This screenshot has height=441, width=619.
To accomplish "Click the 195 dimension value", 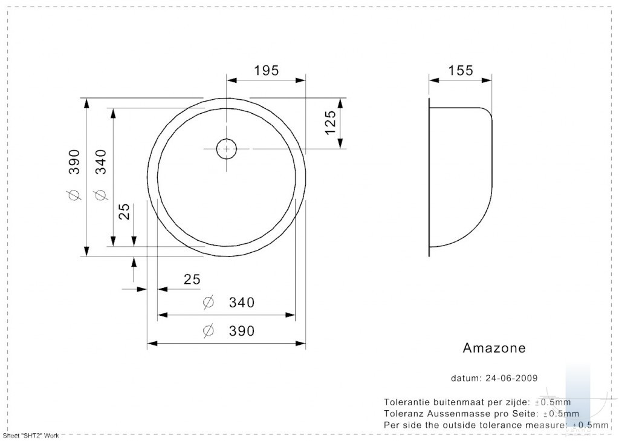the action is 266,71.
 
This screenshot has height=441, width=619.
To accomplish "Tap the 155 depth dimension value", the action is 460,71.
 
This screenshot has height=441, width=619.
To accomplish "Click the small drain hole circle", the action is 227,149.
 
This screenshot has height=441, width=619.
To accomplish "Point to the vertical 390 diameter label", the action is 74,162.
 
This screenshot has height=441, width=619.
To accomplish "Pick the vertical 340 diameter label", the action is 101,162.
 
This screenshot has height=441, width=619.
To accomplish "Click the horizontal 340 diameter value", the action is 242,302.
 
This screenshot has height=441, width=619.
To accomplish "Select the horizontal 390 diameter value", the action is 242,331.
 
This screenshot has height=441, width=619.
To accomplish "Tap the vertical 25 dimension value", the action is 124,211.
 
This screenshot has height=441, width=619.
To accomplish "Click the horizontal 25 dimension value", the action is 192,279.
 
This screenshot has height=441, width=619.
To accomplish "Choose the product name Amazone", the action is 494,348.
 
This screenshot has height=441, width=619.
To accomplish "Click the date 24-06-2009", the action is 511,378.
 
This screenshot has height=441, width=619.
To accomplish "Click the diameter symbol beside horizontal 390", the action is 208,331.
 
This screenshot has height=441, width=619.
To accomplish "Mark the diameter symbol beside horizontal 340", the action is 208,302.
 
